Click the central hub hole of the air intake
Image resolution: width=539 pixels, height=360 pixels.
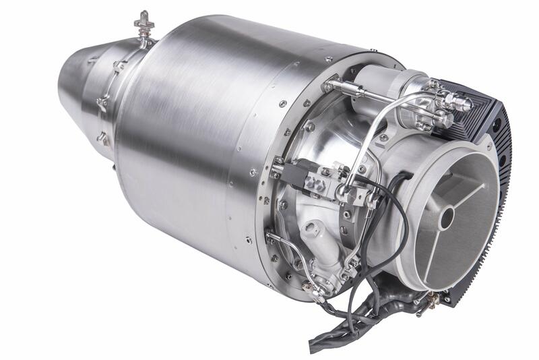point(446,217)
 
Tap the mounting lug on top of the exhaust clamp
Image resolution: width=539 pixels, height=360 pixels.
point(143,24)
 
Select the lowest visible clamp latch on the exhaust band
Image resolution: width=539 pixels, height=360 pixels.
point(103,138)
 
